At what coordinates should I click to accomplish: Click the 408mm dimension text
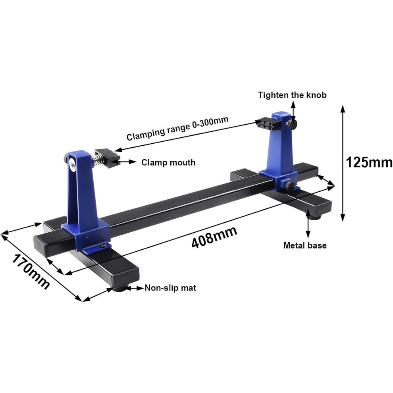tap(214, 237)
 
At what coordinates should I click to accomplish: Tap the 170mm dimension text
tap(31, 272)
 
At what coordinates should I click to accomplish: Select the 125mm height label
tap(369, 162)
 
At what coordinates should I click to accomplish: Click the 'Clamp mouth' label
tap(168, 162)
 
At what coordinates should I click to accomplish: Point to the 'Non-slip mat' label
tap(170, 288)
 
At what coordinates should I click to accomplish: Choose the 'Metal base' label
tap(305, 245)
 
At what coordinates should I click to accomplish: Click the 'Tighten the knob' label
tap(292, 95)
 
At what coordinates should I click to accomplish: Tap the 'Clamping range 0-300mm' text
tap(177, 128)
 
